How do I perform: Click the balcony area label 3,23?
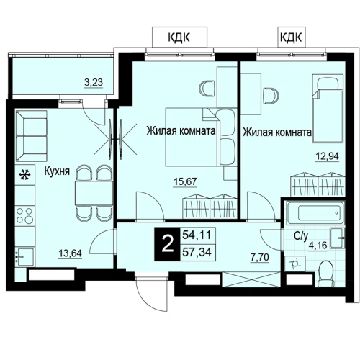94,83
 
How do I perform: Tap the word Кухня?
57,171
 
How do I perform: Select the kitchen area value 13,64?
70,253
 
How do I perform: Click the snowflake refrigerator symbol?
24,174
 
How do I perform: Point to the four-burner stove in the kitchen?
25,215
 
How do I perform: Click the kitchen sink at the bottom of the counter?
24,257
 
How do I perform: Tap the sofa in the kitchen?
31,135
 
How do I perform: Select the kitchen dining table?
94,193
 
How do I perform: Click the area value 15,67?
185,181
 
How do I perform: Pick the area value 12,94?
327,156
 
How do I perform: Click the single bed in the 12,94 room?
328,109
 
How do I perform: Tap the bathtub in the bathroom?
315,212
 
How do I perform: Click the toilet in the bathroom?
325,274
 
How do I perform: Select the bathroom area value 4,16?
318,246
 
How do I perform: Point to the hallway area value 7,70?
260,257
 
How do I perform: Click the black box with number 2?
167,244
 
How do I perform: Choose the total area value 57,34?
197,252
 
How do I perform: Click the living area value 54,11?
197,235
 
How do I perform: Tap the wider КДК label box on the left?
179,37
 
